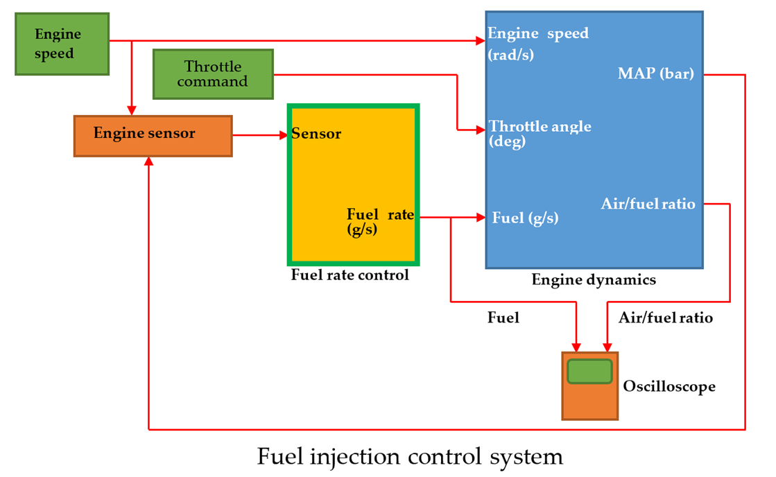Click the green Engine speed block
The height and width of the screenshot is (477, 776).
(62, 44)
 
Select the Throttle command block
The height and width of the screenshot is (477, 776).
(213, 74)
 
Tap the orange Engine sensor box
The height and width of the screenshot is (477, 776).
(153, 135)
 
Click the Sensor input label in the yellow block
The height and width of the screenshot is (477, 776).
(316, 134)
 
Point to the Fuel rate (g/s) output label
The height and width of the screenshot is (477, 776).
(379, 221)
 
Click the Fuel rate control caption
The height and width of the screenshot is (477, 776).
(350, 275)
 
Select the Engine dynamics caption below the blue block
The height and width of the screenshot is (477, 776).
(594, 280)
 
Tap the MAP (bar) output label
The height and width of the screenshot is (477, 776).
(655, 73)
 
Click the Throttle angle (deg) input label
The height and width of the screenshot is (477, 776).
(540, 133)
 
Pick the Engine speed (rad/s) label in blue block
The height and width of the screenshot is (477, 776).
(537, 43)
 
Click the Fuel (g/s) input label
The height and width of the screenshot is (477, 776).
(525, 218)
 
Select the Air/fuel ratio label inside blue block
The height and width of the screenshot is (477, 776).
(648, 204)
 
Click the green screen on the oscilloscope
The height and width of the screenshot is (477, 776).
(589, 372)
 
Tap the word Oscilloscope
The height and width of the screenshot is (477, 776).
(669, 386)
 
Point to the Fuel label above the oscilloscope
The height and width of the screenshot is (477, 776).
(503, 318)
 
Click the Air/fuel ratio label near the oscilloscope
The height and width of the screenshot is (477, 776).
(664, 318)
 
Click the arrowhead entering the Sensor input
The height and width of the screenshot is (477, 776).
(284, 135)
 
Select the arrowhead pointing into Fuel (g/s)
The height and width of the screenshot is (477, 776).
(481, 218)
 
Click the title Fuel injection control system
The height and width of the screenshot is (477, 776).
(410, 457)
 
